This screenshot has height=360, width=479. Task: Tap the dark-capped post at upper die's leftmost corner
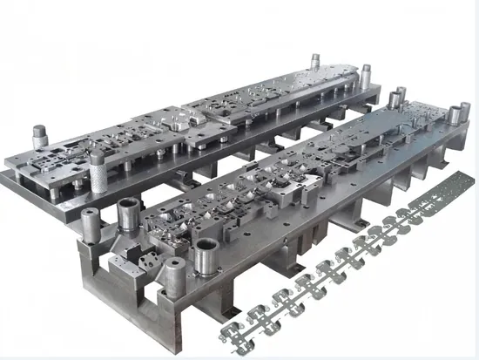[39, 136]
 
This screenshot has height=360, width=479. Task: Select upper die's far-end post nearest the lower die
[366, 76]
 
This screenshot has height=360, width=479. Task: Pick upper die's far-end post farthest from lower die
[314, 65]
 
